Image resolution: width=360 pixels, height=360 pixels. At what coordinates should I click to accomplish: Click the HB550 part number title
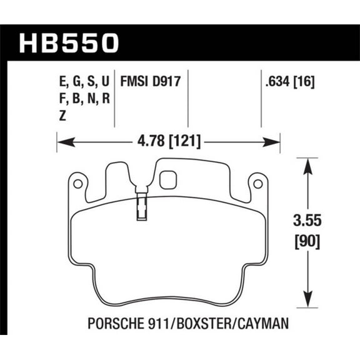click(69, 43)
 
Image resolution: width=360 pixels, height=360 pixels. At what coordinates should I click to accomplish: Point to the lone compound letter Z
click(60, 115)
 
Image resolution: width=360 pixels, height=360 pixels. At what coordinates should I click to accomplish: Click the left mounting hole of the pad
click(77, 184)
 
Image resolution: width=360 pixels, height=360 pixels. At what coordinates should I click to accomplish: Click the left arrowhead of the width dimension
click(62, 143)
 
